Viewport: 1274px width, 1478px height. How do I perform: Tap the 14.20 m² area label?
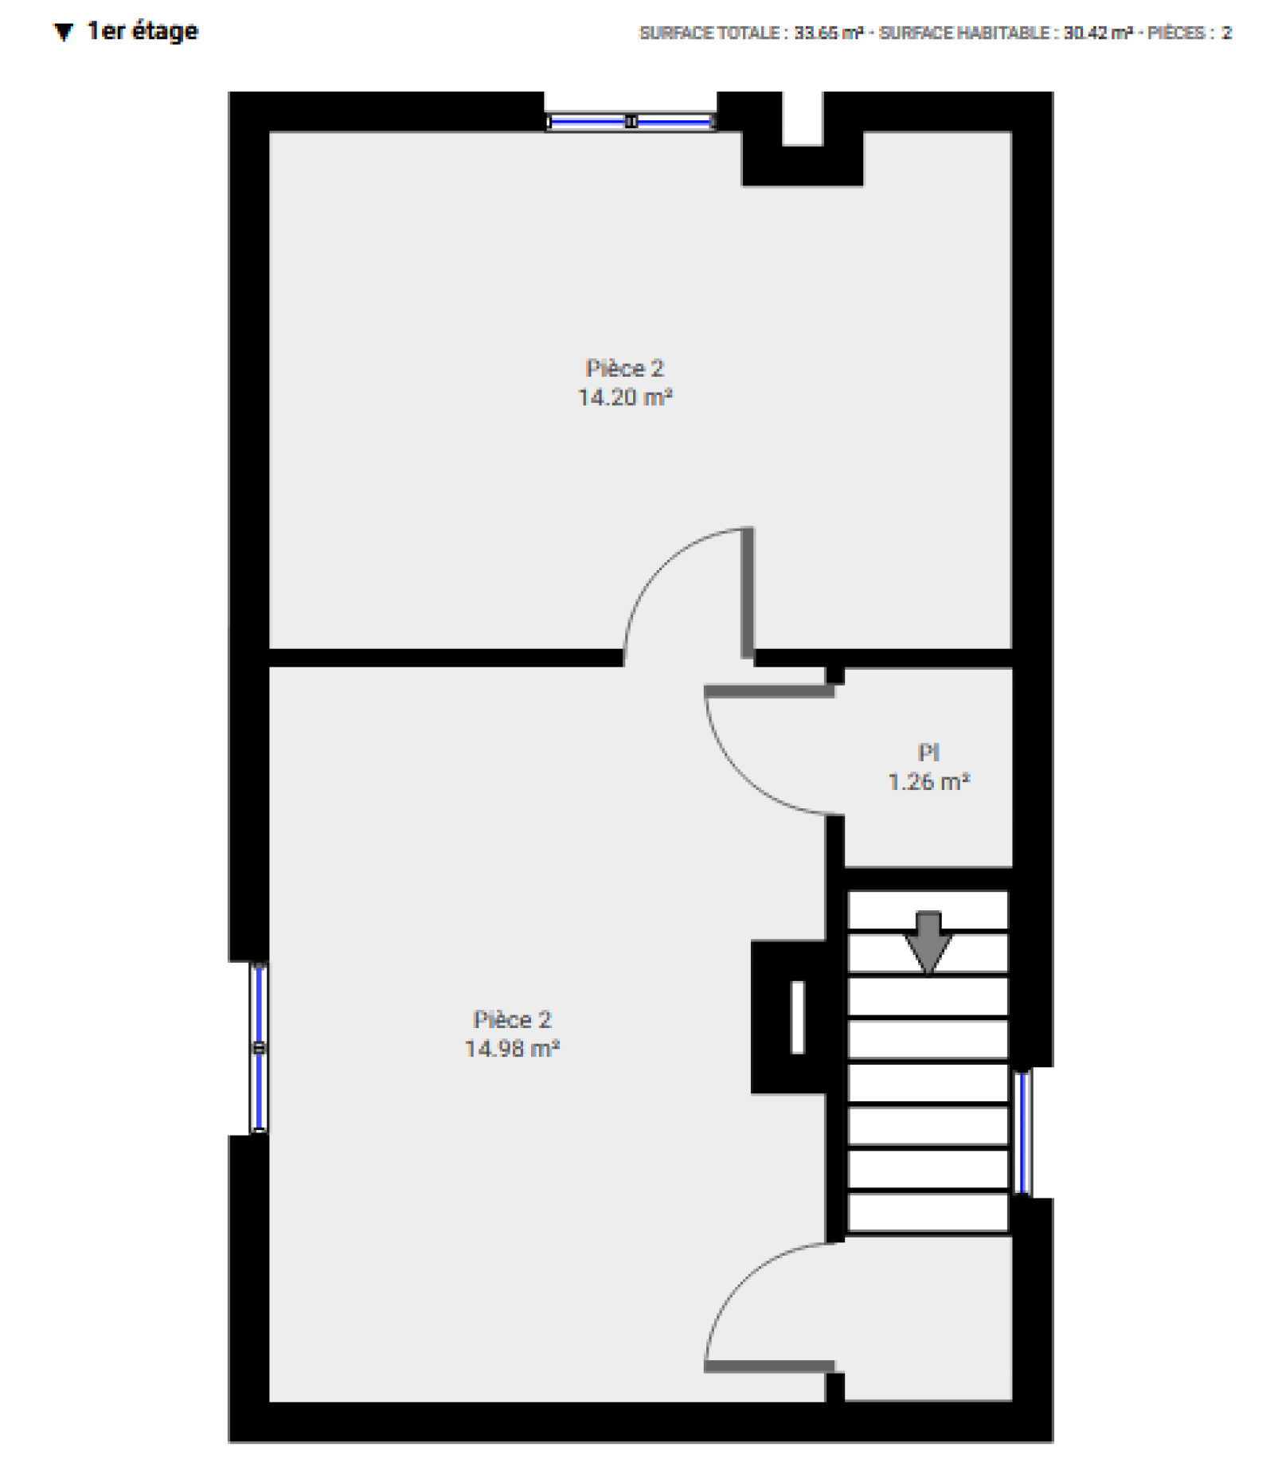625,397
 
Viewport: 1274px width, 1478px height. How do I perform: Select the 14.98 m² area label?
512,1048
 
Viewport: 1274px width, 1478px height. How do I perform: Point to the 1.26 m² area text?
928,781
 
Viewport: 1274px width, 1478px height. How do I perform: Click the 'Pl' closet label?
928,753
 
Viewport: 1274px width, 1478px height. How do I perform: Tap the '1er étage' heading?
143,31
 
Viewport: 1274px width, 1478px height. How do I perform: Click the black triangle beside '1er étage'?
64,32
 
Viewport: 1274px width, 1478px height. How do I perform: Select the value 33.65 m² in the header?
828,33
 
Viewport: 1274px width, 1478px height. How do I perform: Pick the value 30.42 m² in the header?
1098,33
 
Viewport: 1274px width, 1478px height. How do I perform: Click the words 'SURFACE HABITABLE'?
964,33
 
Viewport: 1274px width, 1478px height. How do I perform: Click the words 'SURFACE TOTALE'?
709,33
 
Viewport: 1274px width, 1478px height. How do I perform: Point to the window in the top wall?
631,122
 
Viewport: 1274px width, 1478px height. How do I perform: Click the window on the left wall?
259,1048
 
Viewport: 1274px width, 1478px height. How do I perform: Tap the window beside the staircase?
1022,1132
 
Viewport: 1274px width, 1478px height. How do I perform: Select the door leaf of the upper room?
748,593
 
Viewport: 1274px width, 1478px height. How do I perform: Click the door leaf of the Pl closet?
769,690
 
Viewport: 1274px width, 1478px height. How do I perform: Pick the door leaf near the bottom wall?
769,1367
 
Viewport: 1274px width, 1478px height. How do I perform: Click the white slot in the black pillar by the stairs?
797,1017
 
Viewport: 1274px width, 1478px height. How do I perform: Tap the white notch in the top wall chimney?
802,119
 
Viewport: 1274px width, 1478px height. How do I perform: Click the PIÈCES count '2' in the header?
1227,33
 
